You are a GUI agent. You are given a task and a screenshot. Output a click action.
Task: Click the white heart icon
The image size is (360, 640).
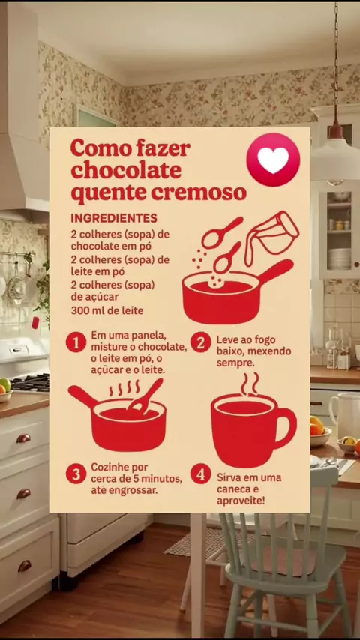point(273,160)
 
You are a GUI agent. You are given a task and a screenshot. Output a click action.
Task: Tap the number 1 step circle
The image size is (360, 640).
point(76,342)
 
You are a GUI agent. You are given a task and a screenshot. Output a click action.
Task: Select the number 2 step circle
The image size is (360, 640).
point(201,342)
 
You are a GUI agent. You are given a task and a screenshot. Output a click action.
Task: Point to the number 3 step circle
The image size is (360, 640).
point(76,474)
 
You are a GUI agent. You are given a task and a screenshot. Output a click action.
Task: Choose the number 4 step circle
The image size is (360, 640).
point(201,474)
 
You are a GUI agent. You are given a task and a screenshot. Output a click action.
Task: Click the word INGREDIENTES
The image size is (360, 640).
point(114,218)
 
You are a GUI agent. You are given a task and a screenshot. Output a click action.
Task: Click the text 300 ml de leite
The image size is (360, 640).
point(107,310)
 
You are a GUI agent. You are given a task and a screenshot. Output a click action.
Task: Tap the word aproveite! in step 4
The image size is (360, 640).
point(241,501)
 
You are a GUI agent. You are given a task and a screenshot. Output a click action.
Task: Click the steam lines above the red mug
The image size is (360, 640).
point(249,384)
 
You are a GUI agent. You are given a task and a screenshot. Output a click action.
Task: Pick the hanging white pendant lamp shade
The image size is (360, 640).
point(336,161)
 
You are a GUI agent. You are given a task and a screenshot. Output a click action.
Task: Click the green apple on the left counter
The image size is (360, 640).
point(4,384)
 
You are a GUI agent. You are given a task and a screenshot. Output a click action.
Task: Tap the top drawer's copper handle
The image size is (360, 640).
point(24,438)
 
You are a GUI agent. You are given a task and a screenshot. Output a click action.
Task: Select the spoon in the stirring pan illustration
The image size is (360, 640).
point(145,396)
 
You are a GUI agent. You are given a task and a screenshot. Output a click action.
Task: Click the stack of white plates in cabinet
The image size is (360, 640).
point(339,259)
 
